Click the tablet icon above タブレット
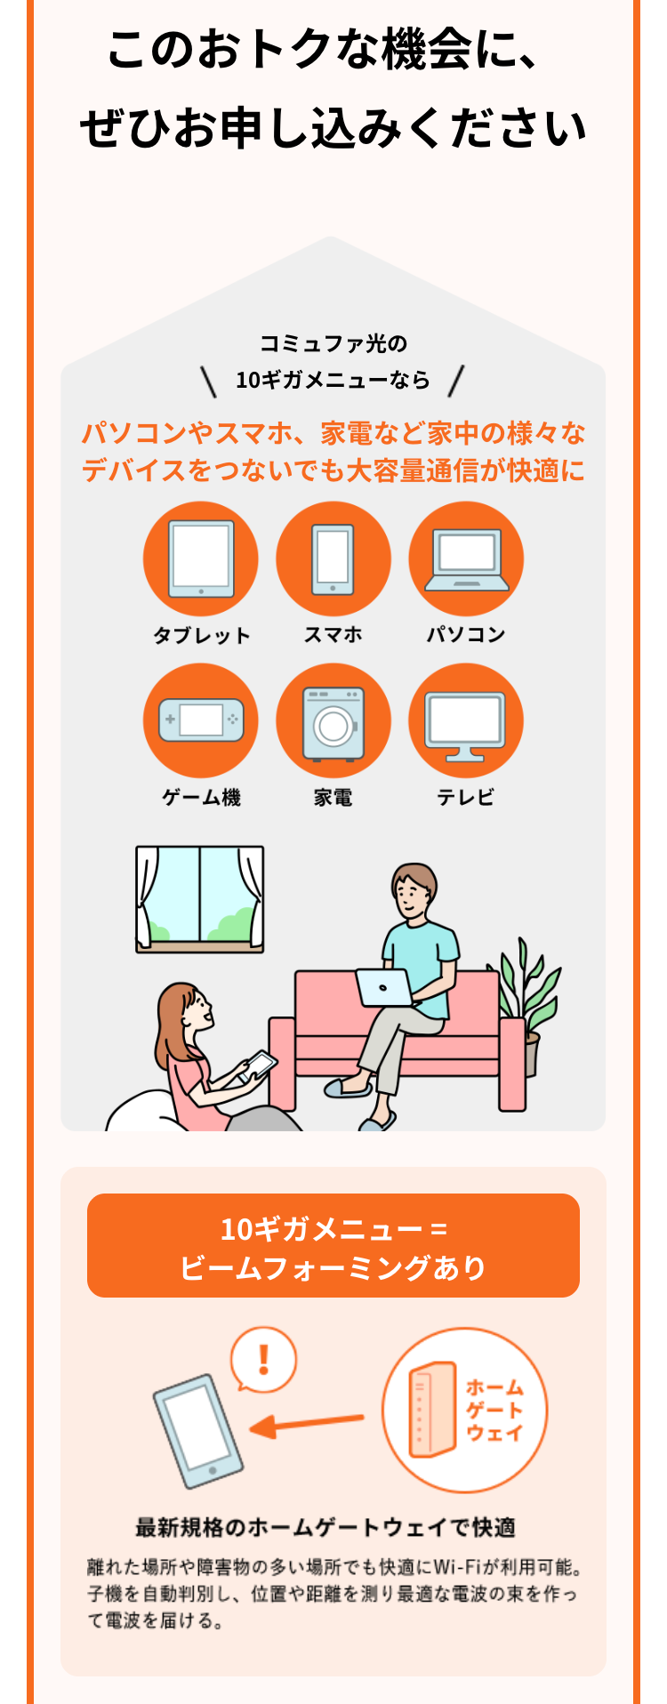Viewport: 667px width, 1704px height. point(201,559)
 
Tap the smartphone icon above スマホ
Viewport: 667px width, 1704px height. point(333,559)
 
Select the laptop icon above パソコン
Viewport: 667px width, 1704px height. point(466,559)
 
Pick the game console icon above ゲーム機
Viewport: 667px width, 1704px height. point(201,720)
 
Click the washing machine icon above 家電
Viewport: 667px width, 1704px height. point(333,722)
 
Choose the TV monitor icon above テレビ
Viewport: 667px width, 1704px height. point(465,722)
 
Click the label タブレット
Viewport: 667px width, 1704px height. point(202,635)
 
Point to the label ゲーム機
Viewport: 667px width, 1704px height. point(201,798)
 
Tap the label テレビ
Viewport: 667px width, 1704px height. point(465,798)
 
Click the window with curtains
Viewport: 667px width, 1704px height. point(200,899)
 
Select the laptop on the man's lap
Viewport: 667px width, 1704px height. point(385,986)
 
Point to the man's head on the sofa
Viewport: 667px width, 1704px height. point(413,890)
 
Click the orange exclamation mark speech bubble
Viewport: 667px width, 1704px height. point(263,1360)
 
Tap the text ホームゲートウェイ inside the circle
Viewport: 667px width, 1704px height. point(494,1410)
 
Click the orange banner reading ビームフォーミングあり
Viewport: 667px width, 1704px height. point(333,1246)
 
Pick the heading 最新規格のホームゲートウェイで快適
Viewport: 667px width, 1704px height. point(325,1527)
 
